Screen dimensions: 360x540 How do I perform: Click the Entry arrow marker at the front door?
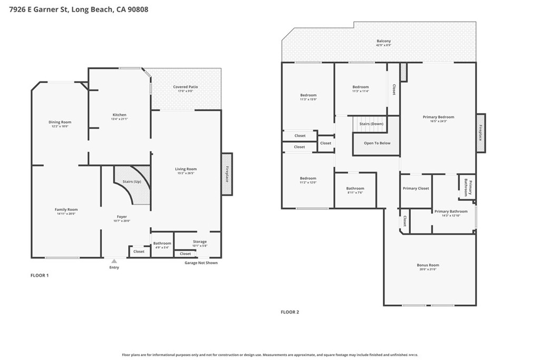click(114, 260)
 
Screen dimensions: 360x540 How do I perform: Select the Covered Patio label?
click(186, 87)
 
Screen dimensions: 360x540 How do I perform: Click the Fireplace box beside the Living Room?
click(227, 174)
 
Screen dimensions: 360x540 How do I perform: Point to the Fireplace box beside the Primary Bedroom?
click(480, 133)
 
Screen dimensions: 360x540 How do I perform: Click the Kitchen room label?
click(119, 115)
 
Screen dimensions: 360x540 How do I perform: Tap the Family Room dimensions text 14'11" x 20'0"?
click(66, 214)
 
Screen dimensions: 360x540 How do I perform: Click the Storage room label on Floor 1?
click(199, 241)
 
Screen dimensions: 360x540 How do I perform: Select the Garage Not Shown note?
click(200, 262)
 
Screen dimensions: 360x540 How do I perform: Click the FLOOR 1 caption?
click(40, 275)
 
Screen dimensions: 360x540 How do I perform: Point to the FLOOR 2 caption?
click(290, 312)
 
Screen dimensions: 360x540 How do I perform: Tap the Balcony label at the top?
click(383, 41)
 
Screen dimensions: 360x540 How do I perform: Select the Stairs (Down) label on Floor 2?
click(371, 124)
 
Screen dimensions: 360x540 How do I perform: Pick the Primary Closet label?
click(416, 188)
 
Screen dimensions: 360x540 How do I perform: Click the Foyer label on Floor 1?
click(122, 217)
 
